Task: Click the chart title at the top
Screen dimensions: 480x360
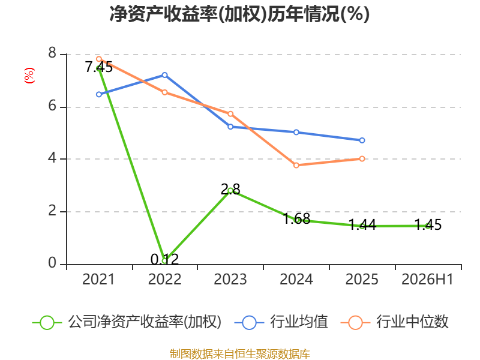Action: point(239,14)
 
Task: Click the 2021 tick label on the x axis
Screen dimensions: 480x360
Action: point(98,279)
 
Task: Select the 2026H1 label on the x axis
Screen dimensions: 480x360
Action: point(427,279)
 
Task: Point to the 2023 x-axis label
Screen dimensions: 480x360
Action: point(230,279)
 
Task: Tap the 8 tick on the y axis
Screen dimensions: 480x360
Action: point(52,53)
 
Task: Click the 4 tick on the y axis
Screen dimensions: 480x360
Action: point(52,158)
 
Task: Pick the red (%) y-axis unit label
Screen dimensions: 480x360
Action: point(29,76)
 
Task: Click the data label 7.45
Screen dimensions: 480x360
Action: point(99,67)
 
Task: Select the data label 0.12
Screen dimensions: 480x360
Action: point(164,260)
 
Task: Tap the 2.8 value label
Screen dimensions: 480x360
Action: point(230,190)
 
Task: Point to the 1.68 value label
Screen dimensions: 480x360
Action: point(296,218)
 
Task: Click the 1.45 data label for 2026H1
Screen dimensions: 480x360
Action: point(428,224)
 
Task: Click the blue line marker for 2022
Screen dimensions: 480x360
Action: point(164,75)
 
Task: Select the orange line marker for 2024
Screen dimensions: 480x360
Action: point(296,166)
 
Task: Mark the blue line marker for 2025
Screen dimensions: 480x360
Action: point(362,140)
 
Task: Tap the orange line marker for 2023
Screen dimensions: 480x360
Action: point(230,114)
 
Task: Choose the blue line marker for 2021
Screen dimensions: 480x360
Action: point(99,94)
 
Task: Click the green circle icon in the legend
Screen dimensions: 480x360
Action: point(47,323)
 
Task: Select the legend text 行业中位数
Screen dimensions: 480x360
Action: point(412,322)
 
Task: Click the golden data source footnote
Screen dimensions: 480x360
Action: point(239,354)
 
